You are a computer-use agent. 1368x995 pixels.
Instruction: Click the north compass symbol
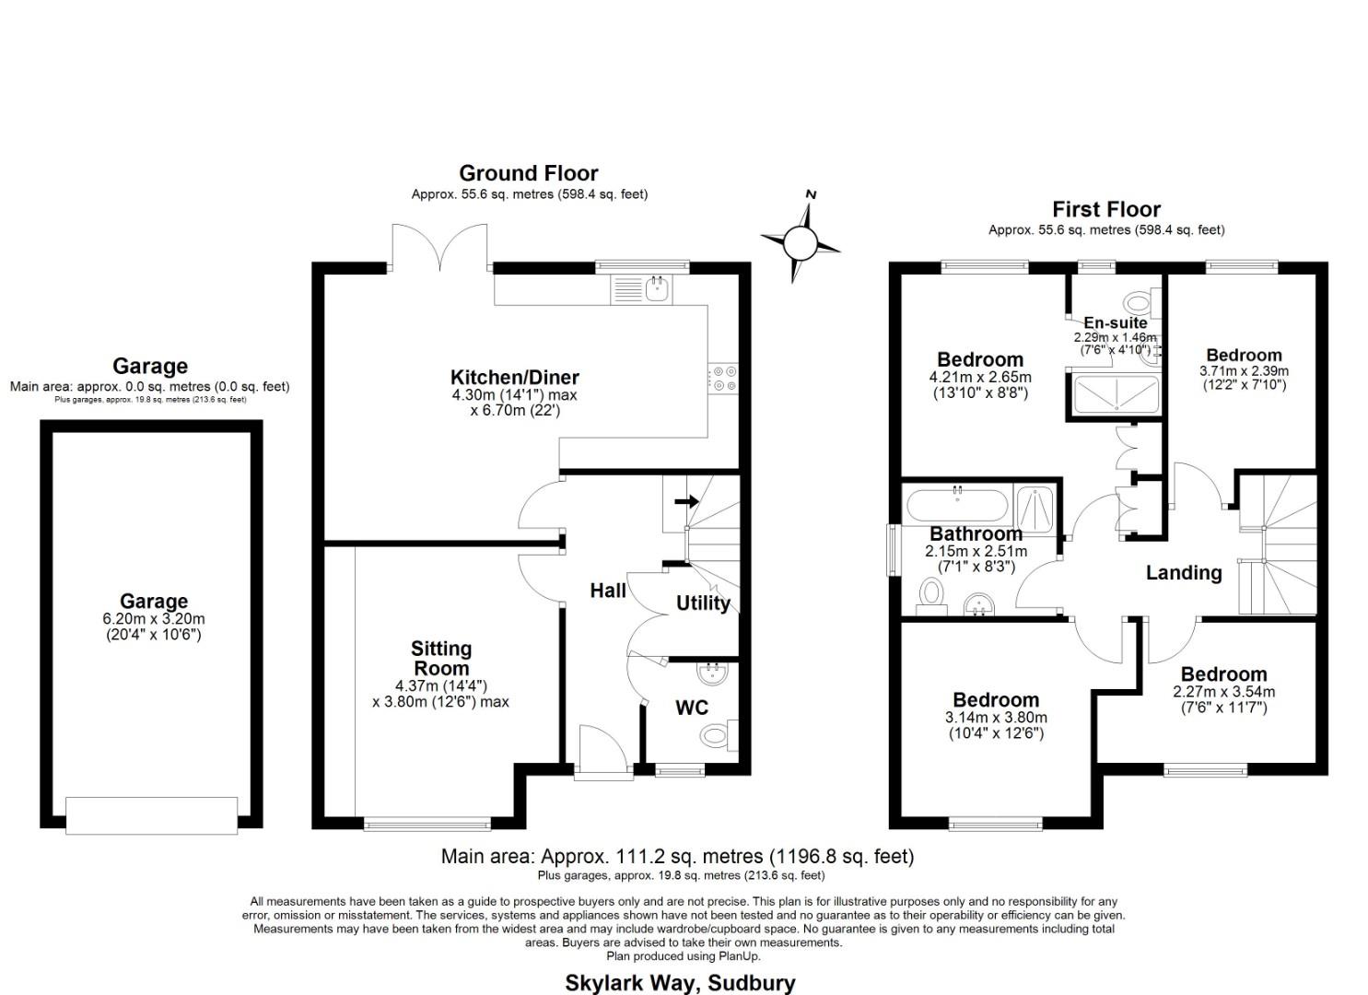coord(800,242)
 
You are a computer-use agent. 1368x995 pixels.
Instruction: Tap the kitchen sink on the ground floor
coord(657,289)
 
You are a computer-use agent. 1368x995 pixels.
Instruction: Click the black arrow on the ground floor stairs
coord(686,501)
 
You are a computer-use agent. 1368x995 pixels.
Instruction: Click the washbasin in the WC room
coord(712,674)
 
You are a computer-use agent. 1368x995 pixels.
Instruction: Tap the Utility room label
coord(703,603)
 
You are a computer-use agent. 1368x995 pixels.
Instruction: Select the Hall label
coord(608,591)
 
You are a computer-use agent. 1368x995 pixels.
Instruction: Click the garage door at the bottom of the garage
coord(152,815)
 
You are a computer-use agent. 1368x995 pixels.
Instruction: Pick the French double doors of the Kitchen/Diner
coord(439,249)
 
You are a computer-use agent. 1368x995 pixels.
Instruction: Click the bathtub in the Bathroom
coord(958,506)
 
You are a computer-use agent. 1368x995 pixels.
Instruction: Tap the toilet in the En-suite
coord(1140,301)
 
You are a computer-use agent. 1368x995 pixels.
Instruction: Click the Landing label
coord(1184,573)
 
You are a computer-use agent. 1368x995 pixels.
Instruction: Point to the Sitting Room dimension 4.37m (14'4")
coord(440,685)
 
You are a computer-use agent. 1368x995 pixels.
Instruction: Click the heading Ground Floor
coord(529,173)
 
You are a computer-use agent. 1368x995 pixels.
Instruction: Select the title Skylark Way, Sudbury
coord(680,983)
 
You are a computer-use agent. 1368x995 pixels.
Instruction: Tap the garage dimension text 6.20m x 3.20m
coord(153,619)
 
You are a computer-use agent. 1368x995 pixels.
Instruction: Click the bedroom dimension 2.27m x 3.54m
coord(1223,692)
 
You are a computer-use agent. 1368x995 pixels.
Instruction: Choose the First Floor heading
coord(1106,209)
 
